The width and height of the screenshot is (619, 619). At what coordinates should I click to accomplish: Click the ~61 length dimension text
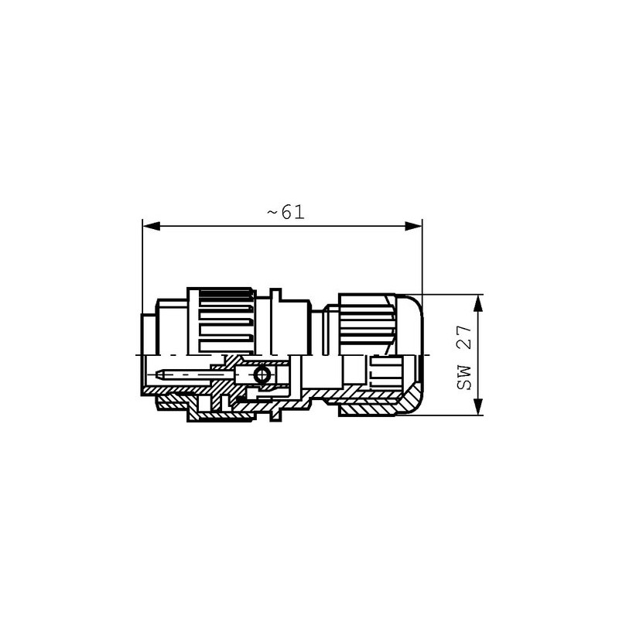[x=286, y=213]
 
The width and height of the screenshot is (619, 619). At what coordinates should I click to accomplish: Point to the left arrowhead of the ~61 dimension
[x=151, y=226]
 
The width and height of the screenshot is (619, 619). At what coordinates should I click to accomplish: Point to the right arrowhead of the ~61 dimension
[x=413, y=226]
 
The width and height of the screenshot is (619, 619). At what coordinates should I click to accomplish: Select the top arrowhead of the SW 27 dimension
[x=478, y=303]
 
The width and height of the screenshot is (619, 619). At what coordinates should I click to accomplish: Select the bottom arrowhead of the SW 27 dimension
[x=478, y=407]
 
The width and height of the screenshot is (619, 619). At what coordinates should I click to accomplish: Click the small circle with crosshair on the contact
[x=262, y=374]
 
